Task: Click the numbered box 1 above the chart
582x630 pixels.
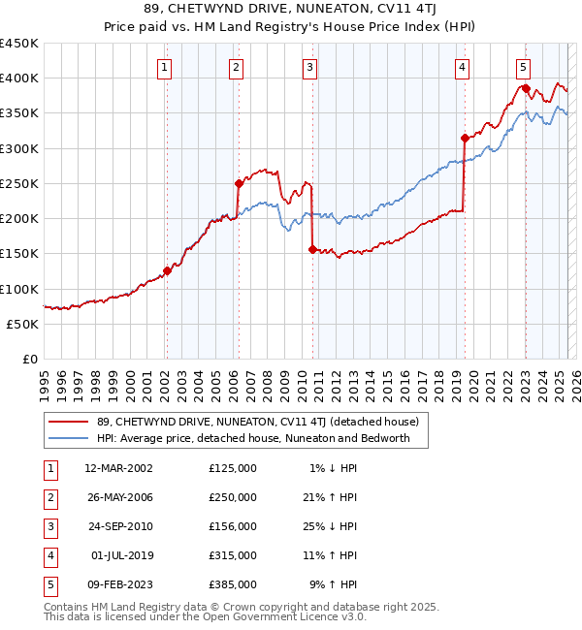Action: point(165,68)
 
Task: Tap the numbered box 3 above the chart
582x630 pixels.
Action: point(308,68)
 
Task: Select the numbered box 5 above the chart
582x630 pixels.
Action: point(523,68)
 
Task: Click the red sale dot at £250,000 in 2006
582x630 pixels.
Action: point(239,183)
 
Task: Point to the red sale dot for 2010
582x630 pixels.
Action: point(312,249)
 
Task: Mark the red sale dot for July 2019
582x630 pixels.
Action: point(465,138)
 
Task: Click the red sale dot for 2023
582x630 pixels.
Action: point(526,88)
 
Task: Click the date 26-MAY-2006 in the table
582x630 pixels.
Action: point(118,497)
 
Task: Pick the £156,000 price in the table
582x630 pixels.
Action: point(233,526)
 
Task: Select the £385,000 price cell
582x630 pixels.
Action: point(233,584)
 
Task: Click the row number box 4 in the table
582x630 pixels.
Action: point(48,555)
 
